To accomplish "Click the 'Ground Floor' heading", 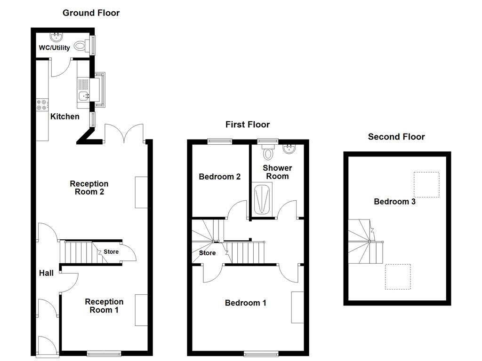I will click(x=91, y=13).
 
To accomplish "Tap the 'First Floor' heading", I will click(x=247, y=125).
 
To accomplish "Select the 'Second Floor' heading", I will click(x=396, y=137).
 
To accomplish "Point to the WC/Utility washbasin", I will click(x=56, y=36).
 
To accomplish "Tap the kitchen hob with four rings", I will click(x=42, y=105).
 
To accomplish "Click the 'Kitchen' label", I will click(x=65, y=116).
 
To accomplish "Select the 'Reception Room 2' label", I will click(x=89, y=188).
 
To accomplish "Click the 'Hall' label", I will click(x=46, y=273).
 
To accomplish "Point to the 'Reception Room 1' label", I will click(x=104, y=306).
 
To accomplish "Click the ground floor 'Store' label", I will click(x=111, y=252).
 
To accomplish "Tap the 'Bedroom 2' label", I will click(x=220, y=177).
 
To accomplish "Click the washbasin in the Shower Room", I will click(x=289, y=149).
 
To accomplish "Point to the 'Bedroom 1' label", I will click(x=245, y=303).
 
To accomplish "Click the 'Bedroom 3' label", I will click(x=394, y=202).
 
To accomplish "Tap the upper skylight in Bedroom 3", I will click(x=426, y=184).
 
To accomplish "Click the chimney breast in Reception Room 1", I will click(x=141, y=310).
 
